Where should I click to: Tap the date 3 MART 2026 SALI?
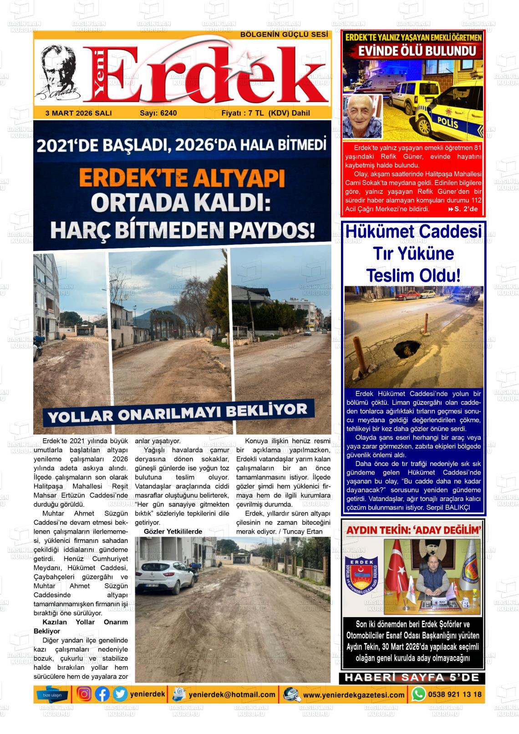click(79, 113)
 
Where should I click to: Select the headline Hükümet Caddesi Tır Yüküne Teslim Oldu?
click(413, 253)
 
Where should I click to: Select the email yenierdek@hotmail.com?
click(232, 694)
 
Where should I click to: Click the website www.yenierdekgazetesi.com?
click(354, 695)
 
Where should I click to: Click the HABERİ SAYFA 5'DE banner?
click(412, 678)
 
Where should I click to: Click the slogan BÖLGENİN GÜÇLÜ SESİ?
click(284, 35)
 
